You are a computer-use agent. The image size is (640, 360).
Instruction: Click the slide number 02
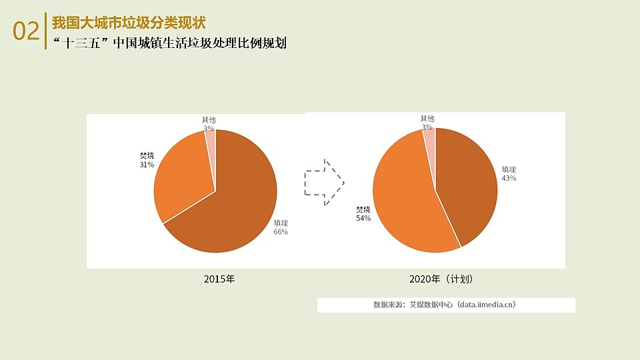27,31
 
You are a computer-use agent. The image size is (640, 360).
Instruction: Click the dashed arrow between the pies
324,181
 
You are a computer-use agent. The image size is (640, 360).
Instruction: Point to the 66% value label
281,232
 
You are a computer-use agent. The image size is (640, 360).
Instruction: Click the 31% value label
147,165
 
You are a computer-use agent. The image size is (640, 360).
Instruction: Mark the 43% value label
509,179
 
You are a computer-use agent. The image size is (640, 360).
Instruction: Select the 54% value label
363,219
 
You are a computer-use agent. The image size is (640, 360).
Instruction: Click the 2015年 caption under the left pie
219,279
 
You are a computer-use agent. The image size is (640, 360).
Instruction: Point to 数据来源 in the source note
389,305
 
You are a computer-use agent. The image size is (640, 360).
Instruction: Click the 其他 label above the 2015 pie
209,119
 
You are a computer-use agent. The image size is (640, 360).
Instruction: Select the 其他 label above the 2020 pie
427,119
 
